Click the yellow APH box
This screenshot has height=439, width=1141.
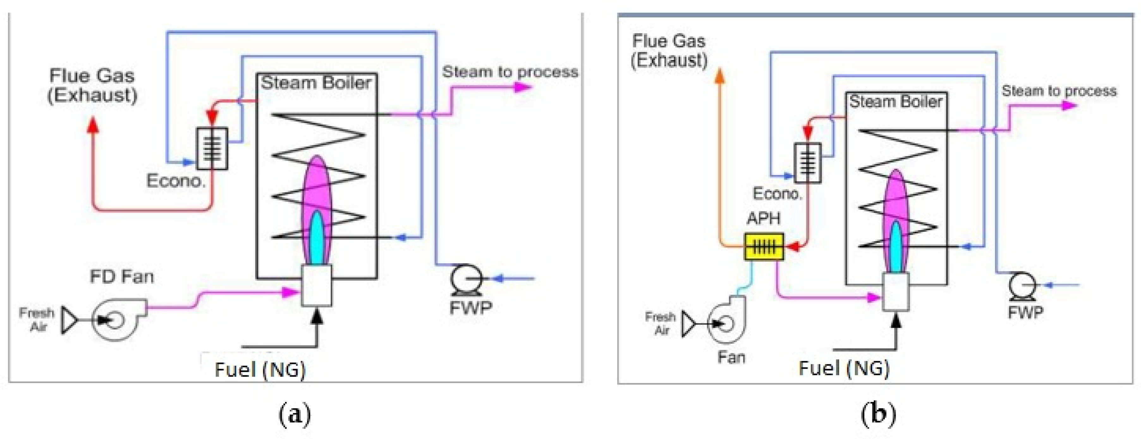(x=764, y=247)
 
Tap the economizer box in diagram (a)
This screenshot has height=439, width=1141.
(x=212, y=148)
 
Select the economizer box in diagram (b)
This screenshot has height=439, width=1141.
(x=808, y=163)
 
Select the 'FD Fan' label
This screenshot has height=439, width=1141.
(x=122, y=277)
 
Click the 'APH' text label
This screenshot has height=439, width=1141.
(x=764, y=219)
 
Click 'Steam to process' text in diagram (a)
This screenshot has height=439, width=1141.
(x=510, y=72)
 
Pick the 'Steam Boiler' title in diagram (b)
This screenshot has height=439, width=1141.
(x=895, y=102)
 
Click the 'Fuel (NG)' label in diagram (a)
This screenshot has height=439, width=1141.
(x=260, y=369)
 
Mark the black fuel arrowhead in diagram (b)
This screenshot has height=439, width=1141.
(x=896, y=320)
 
